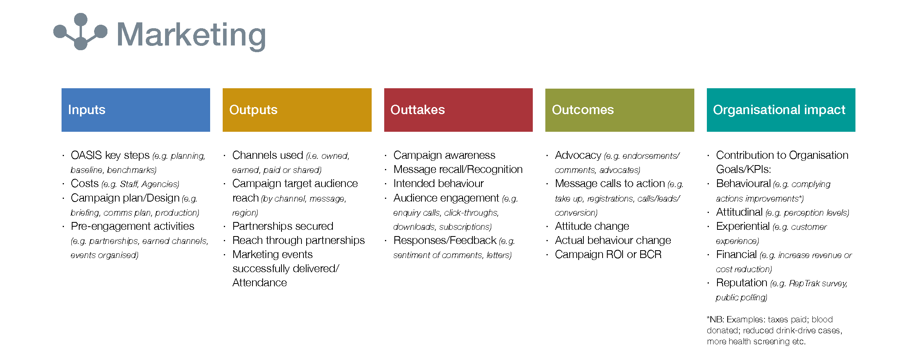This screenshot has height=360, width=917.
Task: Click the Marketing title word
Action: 191,35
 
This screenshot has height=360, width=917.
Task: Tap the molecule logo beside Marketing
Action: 80,31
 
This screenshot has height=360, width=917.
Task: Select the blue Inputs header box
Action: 136,110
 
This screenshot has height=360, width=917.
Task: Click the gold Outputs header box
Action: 297,110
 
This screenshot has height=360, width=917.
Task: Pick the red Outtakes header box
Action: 458,110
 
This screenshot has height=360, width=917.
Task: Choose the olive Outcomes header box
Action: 619,110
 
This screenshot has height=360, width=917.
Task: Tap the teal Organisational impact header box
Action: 781,110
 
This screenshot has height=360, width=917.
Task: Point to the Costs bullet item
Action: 125,184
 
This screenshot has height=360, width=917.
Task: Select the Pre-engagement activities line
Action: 133,226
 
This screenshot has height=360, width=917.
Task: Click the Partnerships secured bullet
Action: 283,226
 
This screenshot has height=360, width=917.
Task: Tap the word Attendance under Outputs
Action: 260,283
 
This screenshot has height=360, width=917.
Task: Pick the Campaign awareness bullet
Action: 444,155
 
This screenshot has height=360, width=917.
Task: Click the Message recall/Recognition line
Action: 458,169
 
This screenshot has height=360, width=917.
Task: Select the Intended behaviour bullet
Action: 438,184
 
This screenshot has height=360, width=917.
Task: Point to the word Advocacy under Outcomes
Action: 578,155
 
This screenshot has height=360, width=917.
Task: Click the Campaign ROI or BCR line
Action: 608,255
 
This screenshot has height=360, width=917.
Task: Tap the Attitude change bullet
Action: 592,226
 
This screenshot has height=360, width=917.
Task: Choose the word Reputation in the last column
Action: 741,283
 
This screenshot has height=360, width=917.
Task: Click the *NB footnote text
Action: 775,330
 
